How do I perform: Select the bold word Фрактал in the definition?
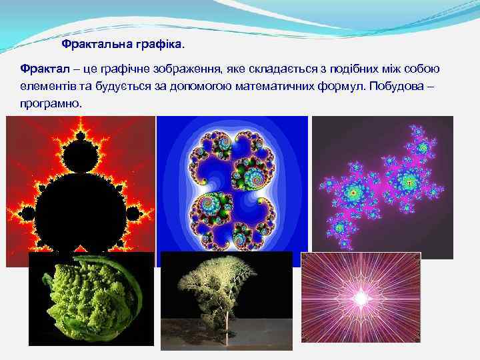(x=43, y=70)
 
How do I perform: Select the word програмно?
(x=52, y=105)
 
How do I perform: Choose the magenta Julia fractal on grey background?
(x=382, y=187)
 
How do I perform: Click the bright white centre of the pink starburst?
(x=361, y=296)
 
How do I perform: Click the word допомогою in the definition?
(x=191, y=87)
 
